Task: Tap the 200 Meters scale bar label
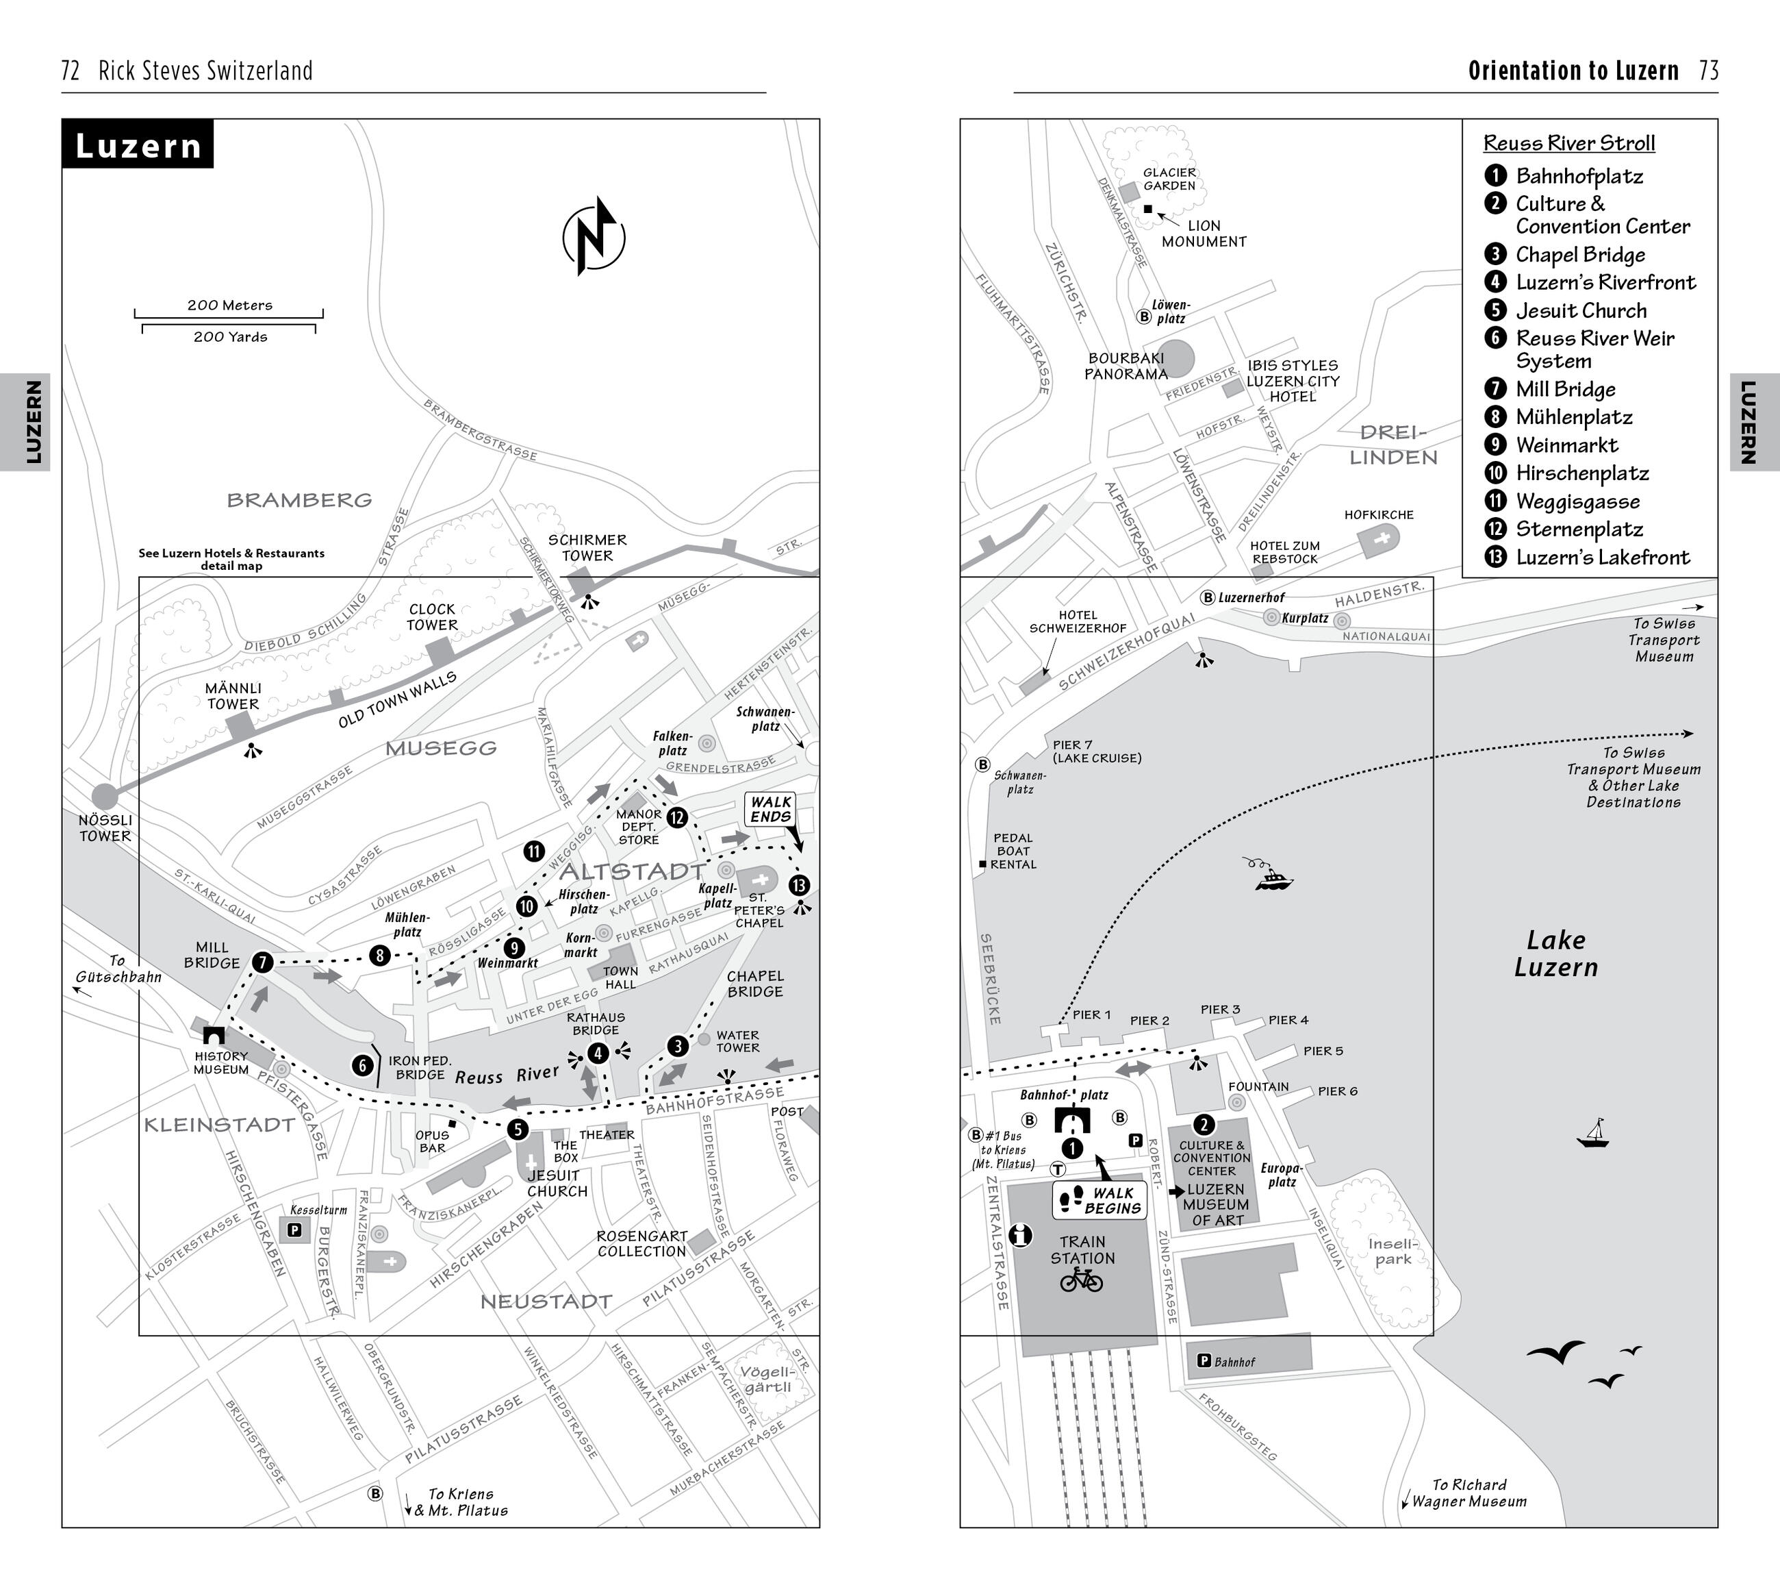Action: pos(230,305)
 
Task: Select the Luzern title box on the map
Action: pos(138,145)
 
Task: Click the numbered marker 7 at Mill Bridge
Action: pos(262,962)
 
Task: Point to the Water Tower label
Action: pos(737,1041)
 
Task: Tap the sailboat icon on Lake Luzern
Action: pos(1593,1134)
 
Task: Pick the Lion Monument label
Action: pos(1204,234)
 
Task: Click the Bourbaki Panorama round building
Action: pos(1175,357)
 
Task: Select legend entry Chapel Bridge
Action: pos(1579,254)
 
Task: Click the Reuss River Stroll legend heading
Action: pos(1569,143)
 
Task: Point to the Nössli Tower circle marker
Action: pos(105,795)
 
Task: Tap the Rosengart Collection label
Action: pos(641,1243)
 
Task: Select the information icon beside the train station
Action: pos(1020,1234)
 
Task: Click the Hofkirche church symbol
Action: pos(1381,540)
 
